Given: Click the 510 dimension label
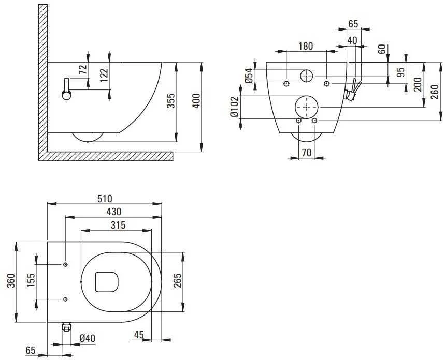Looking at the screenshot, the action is pyautogui.click(x=105, y=199).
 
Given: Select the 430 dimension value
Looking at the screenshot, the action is pyautogui.click(x=114, y=212).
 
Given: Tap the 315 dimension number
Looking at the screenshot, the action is pyautogui.click(x=118, y=226).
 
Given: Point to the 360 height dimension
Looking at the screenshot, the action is pyautogui.click(x=11, y=280).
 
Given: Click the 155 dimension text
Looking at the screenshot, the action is pyautogui.click(x=31, y=280).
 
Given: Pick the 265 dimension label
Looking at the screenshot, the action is pyautogui.click(x=177, y=280).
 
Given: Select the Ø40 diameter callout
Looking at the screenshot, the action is pyautogui.click(x=88, y=338).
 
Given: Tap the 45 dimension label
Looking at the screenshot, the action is pyautogui.click(x=139, y=335).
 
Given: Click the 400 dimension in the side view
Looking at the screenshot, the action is pyautogui.click(x=196, y=101).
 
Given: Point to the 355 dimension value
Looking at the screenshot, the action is pyautogui.click(x=171, y=101).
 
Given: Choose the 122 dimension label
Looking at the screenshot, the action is pyautogui.click(x=104, y=75).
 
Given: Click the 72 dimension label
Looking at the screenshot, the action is pyautogui.click(x=82, y=70).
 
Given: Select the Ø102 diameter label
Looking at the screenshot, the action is pyautogui.click(x=234, y=107).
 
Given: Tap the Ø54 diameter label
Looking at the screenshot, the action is pyautogui.click(x=249, y=76).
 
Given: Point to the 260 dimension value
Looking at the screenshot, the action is pyautogui.click(x=435, y=92).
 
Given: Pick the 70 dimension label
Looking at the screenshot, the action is pyautogui.click(x=307, y=153).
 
